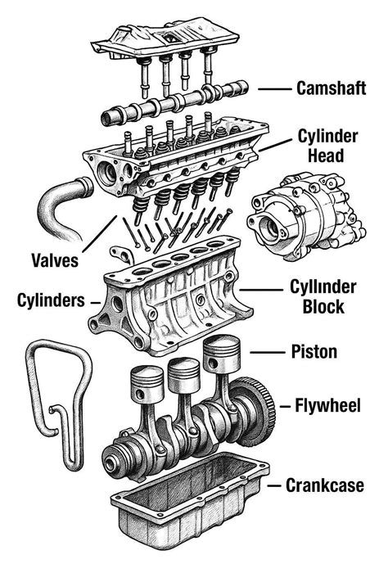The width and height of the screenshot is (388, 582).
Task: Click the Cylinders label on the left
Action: (x=51, y=300)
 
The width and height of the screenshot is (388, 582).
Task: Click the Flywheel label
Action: (x=332, y=405)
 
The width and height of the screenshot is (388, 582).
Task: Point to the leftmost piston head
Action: (x=148, y=381)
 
